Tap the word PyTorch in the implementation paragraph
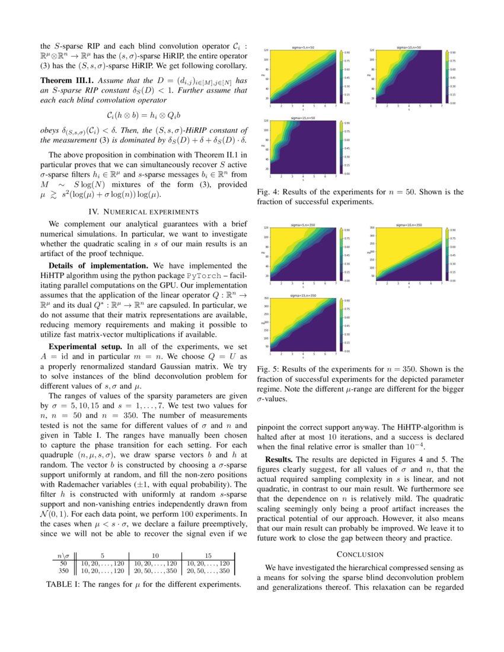click(x=208, y=276)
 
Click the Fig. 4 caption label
click(x=269, y=192)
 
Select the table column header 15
click(x=208, y=555)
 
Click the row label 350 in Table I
click(x=63, y=571)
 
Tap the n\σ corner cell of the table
click(x=62, y=555)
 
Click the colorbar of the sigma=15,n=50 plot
click(x=342, y=147)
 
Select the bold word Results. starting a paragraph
click(x=283, y=459)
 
